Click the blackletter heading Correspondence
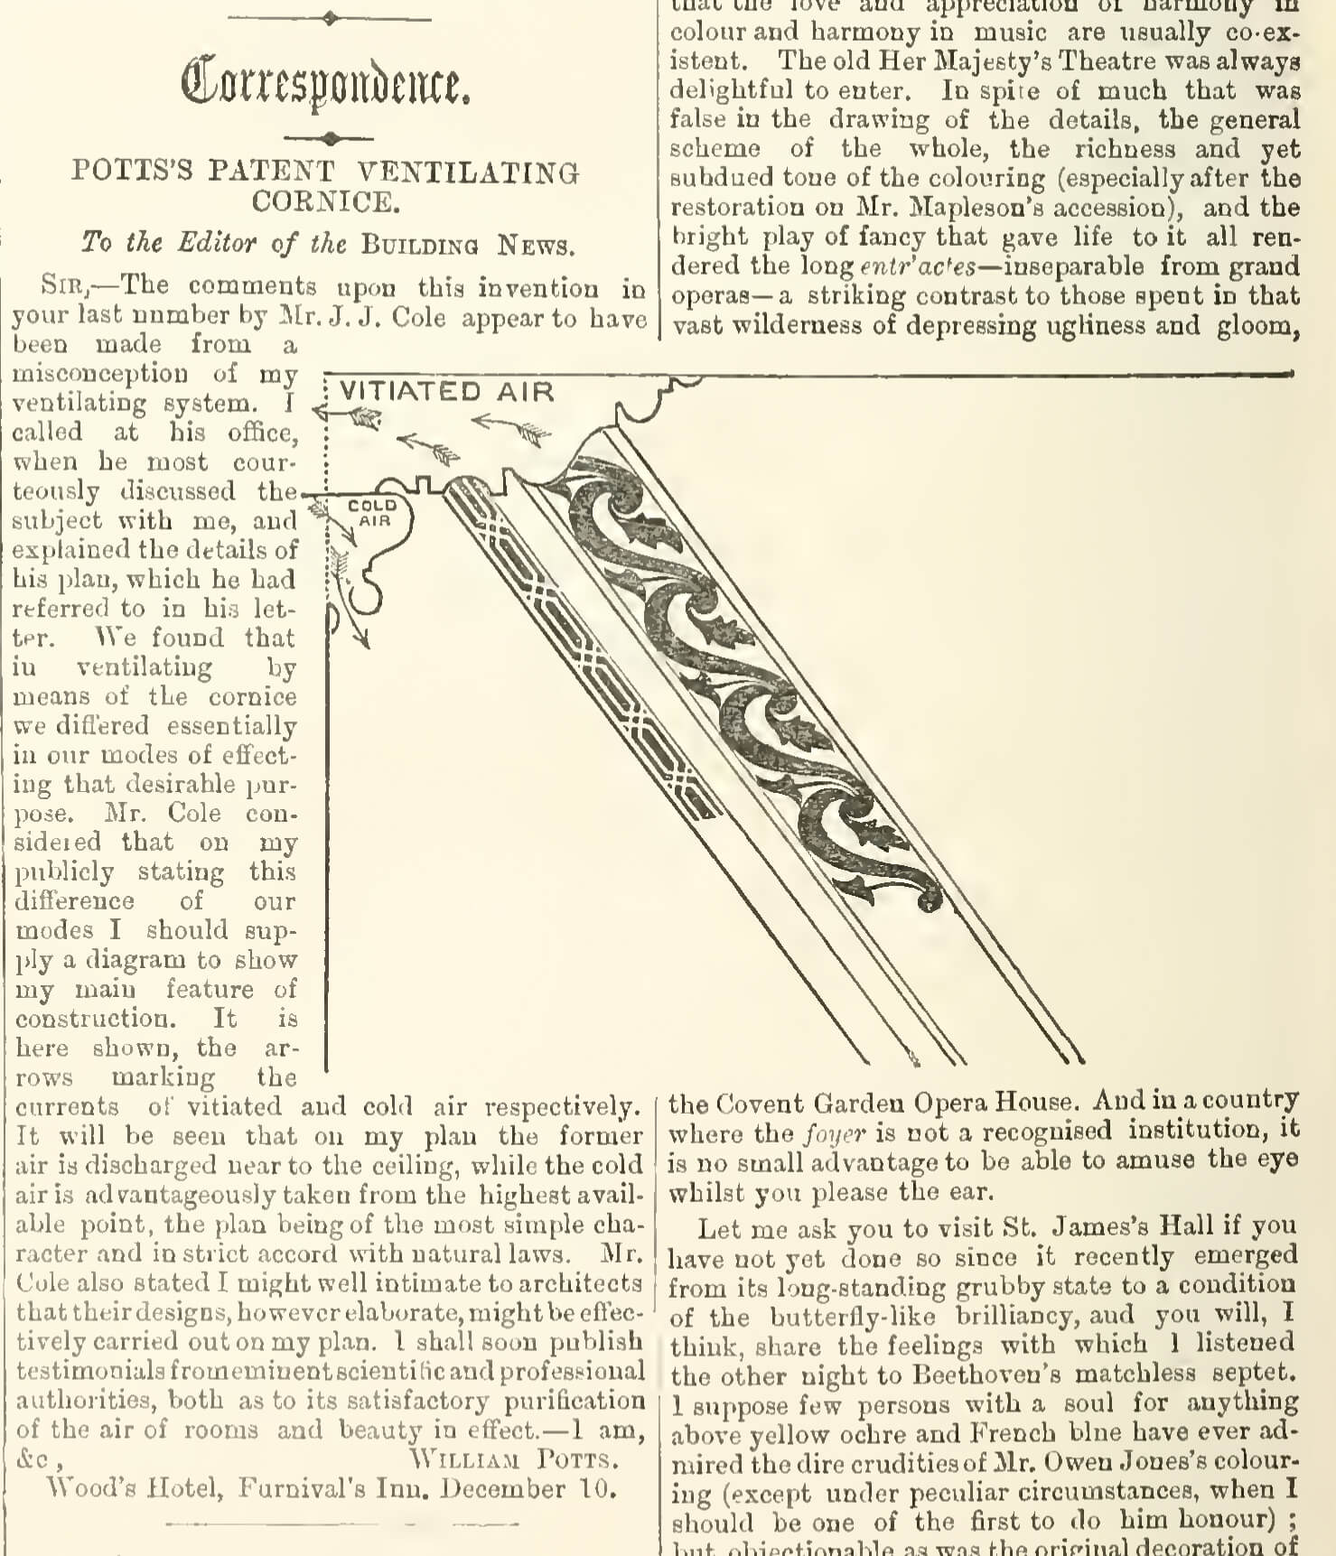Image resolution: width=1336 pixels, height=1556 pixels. coord(325,84)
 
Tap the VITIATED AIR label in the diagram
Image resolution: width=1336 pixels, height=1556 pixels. coord(446,392)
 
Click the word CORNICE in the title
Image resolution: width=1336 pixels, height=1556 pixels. coord(325,201)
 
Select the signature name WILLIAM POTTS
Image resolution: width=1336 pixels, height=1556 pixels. coord(515,1459)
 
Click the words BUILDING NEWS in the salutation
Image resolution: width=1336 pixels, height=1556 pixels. coord(467,245)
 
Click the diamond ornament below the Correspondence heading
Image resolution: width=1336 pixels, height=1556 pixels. coord(330,138)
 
